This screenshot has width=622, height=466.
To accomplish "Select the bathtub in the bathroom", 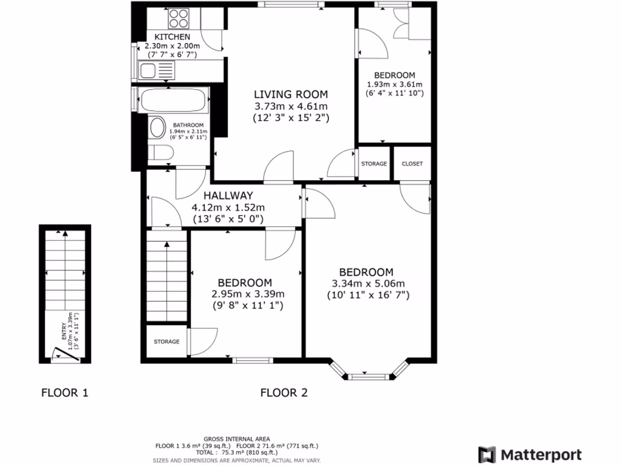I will (x=173, y=100).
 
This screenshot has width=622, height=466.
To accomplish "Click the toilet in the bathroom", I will (x=160, y=153).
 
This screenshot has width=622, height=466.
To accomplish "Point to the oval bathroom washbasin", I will (x=157, y=128).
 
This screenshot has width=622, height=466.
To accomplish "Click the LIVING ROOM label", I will (x=290, y=94).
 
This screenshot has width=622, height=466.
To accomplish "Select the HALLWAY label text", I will (x=228, y=195).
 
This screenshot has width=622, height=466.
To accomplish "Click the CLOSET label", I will (x=412, y=164).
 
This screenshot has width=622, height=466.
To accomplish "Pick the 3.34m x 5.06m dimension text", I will (x=368, y=283).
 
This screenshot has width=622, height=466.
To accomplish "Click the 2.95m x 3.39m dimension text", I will (x=248, y=294).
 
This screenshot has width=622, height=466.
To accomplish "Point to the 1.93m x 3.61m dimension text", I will (x=394, y=84).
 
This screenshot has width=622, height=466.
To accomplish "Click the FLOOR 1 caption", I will (x=64, y=393).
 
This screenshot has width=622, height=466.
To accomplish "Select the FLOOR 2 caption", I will (x=284, y=393).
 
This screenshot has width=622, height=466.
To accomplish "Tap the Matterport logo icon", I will (x=487, y=454).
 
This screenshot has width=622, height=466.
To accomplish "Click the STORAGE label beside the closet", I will (x=374, y=164).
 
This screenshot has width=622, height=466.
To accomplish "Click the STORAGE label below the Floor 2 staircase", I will (x=166, y=342).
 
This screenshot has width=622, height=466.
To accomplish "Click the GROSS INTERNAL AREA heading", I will (x=237, y=439).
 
